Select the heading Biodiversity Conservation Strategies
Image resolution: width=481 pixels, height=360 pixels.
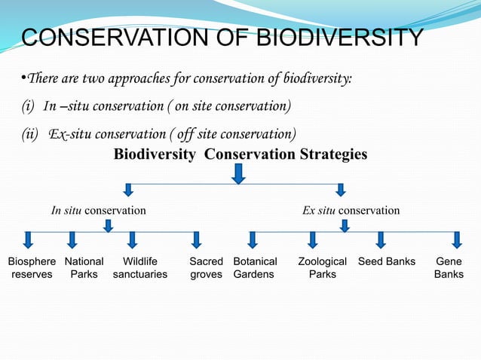(x=240, y=154)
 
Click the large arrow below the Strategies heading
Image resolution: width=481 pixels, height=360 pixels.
(x=238, y=174)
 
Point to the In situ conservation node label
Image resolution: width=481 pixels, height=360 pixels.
(x=98, y=210)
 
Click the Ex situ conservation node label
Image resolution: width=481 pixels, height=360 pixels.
(x=351, y=210)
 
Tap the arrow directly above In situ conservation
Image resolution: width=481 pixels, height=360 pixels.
(x=129, y=189)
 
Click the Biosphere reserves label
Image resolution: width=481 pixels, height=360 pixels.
(x=32, y=268)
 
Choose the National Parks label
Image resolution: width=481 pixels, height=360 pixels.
(x=84, y=268)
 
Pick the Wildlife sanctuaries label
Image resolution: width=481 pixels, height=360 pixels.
(x=140, y=268)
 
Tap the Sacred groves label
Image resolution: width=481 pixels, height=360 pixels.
(x=206, y=268)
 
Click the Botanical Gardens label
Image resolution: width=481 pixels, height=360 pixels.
(x=255, y=268)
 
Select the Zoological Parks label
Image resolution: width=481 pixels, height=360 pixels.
(x=322, y=268)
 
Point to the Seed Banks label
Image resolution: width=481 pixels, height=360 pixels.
(x=387, y=261)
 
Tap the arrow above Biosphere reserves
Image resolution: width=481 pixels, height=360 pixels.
(x=29, y=239)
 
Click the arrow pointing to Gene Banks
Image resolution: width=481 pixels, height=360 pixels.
(x=456, y=239)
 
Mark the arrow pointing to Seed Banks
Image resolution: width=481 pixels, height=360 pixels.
(x=381, y=239)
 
